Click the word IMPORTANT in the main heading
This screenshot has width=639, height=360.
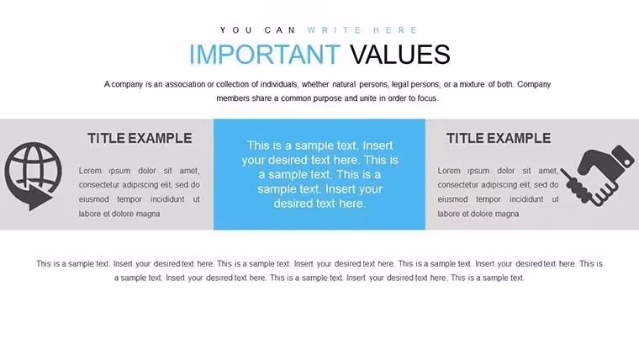tap(265, 54)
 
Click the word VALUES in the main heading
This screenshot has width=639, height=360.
tap(400, 54)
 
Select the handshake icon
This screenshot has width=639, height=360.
tap(598, 175)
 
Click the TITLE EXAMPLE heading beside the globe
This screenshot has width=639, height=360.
tap(140, 138)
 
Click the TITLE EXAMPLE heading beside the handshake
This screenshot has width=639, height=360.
tap(499, 138)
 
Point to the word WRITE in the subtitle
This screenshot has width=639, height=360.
tap(334, 30)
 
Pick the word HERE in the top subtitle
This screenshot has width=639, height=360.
tap(395, 30)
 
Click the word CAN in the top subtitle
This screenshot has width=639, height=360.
tap(280, 30)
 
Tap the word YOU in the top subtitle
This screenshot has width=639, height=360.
tap(236, 30)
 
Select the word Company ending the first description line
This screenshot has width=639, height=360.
tap(534, 84)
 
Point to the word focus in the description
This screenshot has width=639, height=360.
tap(426, 98)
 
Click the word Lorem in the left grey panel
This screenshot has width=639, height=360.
tap(90, 171)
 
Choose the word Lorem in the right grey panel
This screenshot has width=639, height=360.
tap(449, 171)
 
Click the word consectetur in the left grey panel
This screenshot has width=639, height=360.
tap(99, 185)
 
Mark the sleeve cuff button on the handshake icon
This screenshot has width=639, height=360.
tap(626, 162)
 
